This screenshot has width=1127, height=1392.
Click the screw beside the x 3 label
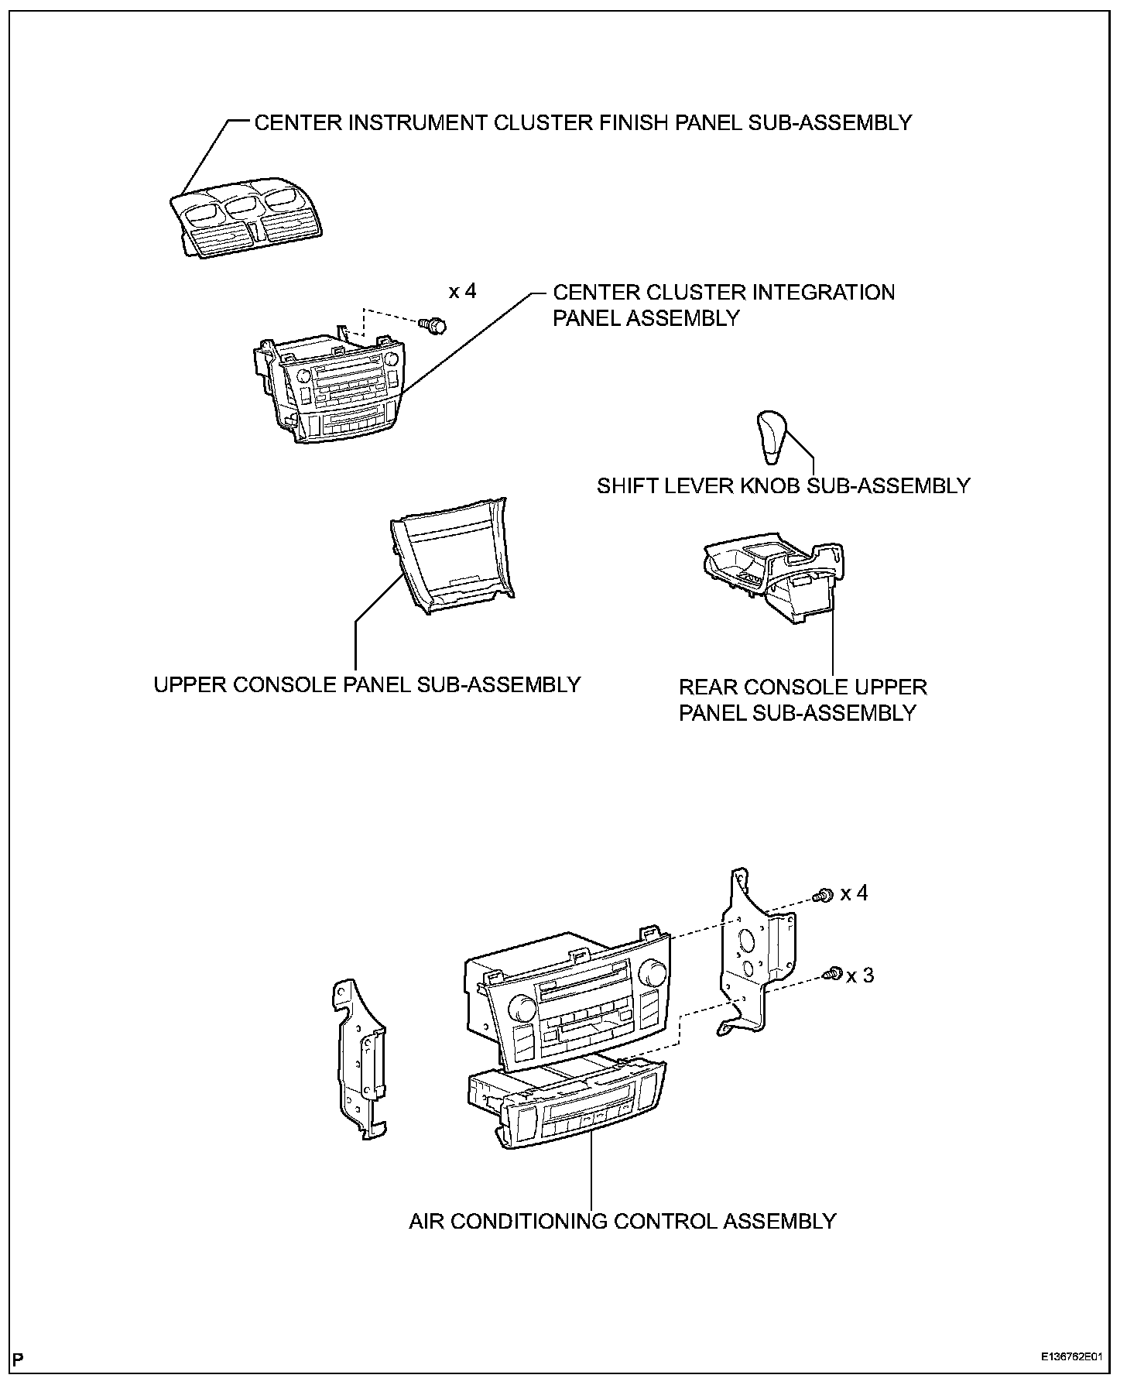[x=834, y=973]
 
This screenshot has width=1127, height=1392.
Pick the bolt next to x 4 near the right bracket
[x=824, y=895]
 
